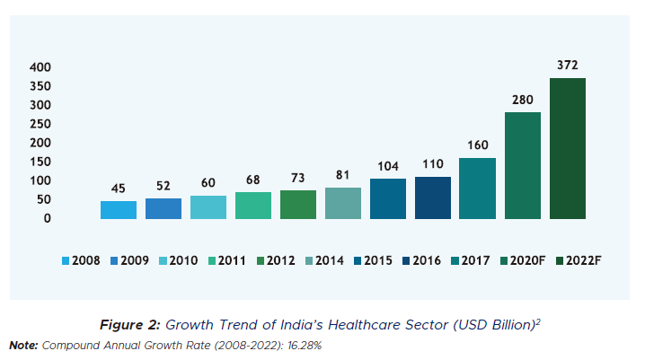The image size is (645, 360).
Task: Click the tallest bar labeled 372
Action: [x=567, y=148]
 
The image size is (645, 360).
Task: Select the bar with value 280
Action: [x=522, y=165]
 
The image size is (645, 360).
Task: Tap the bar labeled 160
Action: [x=477, y=189]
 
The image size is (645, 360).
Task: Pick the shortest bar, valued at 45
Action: [x=119, y=210]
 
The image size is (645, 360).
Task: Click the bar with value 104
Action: [x=387, y=198]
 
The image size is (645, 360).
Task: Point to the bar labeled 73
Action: [x=298, y=205]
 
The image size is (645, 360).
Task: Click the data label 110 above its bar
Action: [x=432, y=164]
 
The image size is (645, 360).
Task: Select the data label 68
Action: [x=253, y=180]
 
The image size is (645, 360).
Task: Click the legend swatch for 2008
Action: [x=66, y=261]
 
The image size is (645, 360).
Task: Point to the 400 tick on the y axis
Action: [x=40, y=67]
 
